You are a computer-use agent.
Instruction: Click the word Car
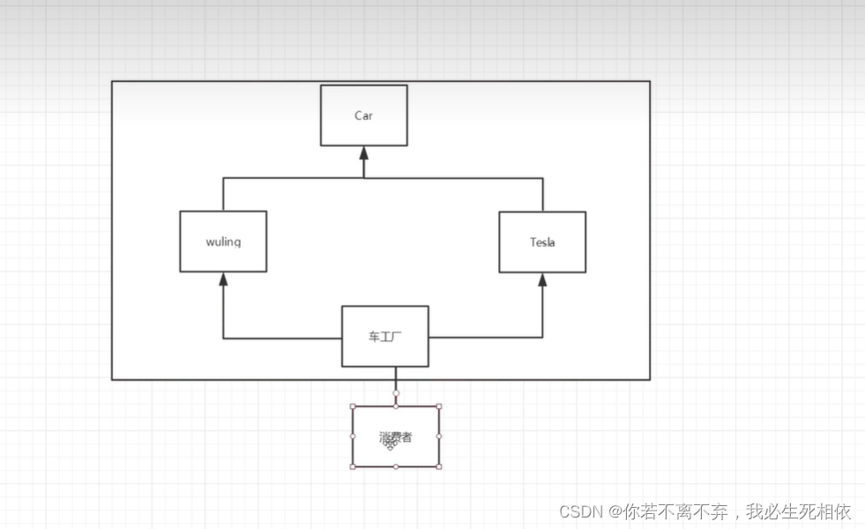(363, 115)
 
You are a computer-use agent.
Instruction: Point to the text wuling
(223, 242)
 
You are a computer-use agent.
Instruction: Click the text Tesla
(542, 242)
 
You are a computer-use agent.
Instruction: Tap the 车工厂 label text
(385, 336)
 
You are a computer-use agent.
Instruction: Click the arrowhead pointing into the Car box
(363, 153)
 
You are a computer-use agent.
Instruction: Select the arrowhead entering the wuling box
(223, 279)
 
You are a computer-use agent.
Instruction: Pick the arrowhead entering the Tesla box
(542, 279)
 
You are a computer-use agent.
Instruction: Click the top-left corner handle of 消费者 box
(353, 406)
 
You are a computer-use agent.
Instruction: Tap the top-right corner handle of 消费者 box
(439, 406)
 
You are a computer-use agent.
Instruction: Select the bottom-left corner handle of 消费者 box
(353, 466)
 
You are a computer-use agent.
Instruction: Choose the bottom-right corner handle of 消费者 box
(439, 466)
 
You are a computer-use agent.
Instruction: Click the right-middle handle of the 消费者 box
(439, 436)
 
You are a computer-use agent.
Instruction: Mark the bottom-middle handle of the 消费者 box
(396, 466)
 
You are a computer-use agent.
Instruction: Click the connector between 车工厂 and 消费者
(396, 379)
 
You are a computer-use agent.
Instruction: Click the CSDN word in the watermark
(579, 511)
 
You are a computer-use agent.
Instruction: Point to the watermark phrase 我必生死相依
(799, 511)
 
